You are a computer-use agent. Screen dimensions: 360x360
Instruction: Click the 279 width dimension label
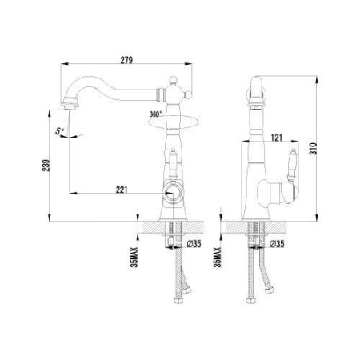tap(126, 60)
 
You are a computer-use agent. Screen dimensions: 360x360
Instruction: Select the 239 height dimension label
tap(46, 166)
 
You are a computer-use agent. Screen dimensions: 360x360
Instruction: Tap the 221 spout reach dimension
tap(122, 190)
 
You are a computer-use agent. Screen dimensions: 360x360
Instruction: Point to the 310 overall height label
tap(313, 149)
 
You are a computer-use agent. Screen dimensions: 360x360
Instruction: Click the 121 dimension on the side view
tap(277, 138)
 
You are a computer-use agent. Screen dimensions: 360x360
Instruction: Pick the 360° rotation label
tap(155, 114)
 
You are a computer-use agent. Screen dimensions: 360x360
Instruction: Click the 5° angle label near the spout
tap(59, 131)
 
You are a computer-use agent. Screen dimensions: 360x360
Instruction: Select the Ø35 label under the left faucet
tap(194, 244)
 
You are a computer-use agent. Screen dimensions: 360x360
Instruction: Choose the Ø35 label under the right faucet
tap(277, 244)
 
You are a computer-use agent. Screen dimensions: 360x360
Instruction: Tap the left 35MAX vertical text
tap(134, 258)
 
